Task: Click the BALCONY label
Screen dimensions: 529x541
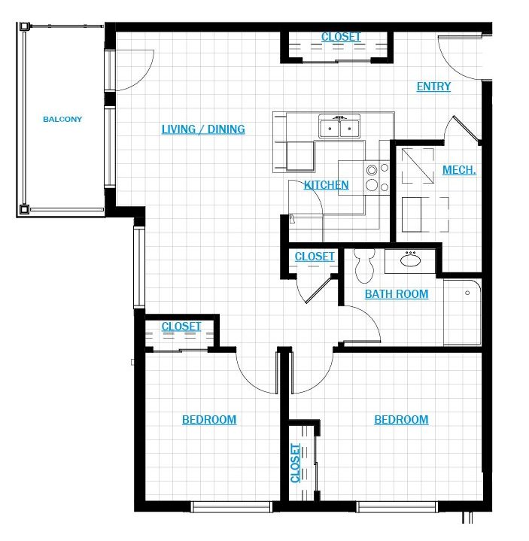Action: point(62,120)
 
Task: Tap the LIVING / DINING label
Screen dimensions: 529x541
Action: point(203,129)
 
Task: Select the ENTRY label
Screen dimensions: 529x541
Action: point(433,87)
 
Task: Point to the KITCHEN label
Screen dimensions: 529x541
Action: point(326,185)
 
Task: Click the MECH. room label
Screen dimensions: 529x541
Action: point(459,170)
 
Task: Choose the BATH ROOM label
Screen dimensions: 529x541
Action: point(397,294)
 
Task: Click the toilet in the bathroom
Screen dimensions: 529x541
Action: point(364,266)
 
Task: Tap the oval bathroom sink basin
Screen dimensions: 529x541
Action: point(410,260)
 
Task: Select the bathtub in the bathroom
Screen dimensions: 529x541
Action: point(462,312)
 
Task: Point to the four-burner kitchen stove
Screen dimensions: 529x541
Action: point(377,178)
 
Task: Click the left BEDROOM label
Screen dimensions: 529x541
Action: point(209,420)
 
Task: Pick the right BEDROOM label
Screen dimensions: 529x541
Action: point(401,420)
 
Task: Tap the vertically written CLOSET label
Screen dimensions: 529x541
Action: point(296,463)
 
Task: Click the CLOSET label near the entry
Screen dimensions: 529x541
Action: point(341,37)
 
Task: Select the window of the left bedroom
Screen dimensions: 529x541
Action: point(232,506)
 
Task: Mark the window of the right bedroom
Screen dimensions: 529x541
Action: point(397,506)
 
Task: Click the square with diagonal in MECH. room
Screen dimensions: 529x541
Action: point(418,166)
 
